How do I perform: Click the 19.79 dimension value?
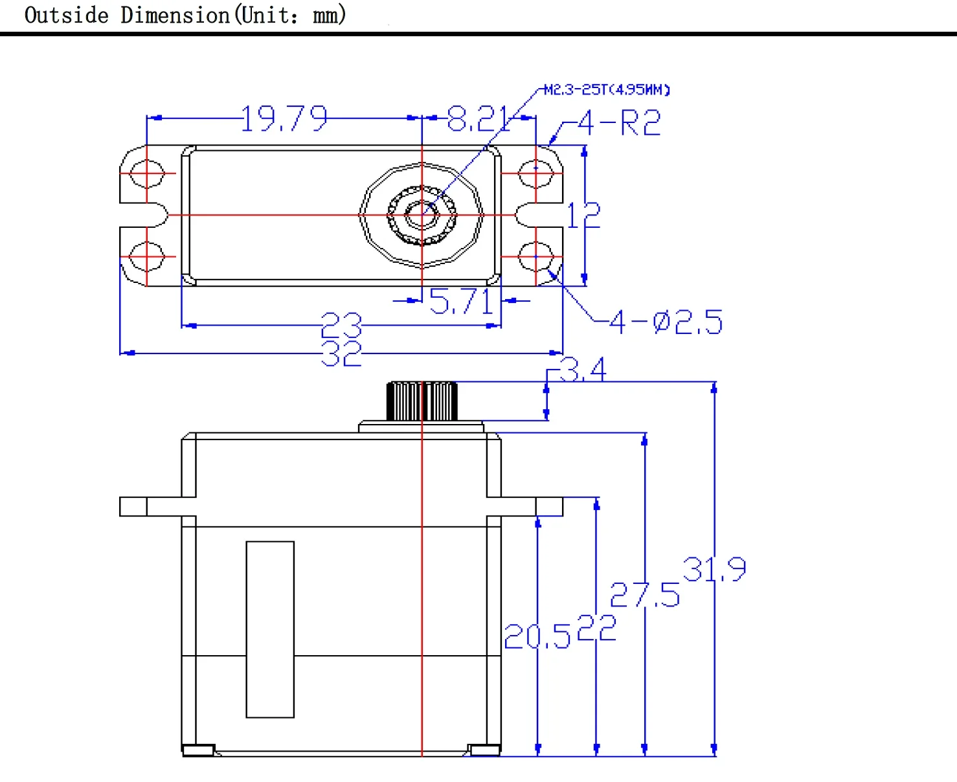pos(284,119)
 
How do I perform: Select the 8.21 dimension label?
pos(479,119)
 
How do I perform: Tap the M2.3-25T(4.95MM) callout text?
pos(607,89)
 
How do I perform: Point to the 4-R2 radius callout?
pos(619,123)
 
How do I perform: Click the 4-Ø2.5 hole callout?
pos(666,322)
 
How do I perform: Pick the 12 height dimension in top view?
pos(583,216)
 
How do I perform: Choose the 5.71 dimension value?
pos(462,302)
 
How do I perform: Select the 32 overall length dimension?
pos(341,353)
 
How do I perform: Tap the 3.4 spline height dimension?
pos(582,370)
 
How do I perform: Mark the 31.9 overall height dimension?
pos(714,570)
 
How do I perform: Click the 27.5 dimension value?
pos(645,595)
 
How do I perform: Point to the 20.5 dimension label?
pos(537,637)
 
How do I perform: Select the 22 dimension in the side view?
pos(596,628)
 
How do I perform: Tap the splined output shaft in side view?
pos(422,401)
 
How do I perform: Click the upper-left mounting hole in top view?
pos(147,173)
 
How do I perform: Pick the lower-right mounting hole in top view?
pos(535,256)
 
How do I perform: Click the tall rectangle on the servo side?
pos(270,629)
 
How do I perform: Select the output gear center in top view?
pos(422,215)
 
